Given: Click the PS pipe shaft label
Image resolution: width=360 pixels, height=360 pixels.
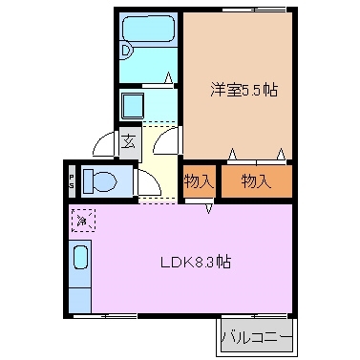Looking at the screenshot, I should point(71,180).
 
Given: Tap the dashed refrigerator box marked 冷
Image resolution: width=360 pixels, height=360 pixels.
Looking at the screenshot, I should point(82,222).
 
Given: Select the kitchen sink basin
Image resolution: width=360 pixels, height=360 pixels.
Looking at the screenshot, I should point(81,259).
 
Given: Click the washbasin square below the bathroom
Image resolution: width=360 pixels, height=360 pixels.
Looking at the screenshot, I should point(132,102).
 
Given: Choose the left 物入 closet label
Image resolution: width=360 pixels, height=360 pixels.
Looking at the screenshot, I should point(199,179).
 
